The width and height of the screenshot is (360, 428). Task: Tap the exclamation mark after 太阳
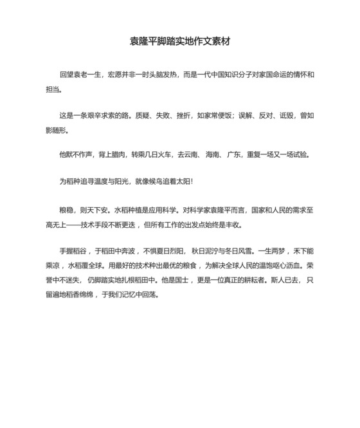click(x=192, y=181)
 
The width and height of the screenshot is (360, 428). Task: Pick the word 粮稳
click(x=66, y=210)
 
